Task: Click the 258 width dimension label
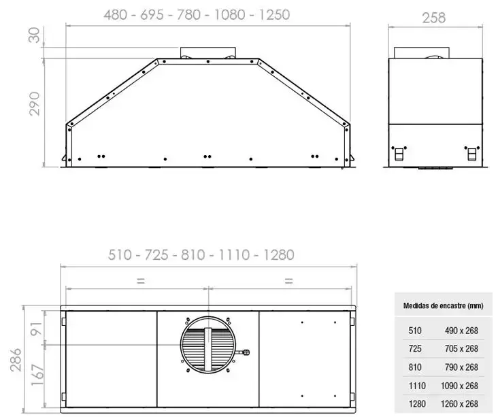[433, 18]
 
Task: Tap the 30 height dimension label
[34, 35]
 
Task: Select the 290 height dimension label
[34, 104]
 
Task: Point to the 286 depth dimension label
[16, 360]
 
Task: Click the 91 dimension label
[37, 329]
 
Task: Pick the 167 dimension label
[37, 375]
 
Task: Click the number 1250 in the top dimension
[274, 15]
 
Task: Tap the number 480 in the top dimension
[116, 15]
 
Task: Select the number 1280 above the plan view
[279, 255]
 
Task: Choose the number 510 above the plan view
[120, 255]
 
